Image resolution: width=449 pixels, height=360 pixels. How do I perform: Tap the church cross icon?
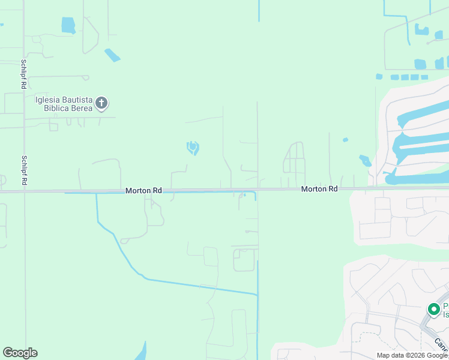(x=102, y=103)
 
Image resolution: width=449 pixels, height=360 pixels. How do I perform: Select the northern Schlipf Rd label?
(x=22, y=74)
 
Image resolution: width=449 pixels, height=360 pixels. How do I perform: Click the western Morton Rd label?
(x=143, y=190)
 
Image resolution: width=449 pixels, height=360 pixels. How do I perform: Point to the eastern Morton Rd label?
(x=319, y=188)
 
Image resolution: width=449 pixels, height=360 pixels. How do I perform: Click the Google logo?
(x=20, y=353)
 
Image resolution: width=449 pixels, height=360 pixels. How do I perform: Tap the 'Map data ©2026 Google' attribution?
(x=412, y=355)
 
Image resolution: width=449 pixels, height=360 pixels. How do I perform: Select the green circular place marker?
(x=433, y=309)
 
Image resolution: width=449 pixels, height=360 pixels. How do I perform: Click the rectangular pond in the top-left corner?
(x=68, y=25)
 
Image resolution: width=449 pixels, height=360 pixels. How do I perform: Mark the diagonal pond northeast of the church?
(x=112, y=55)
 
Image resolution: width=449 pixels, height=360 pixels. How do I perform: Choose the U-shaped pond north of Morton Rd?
(x=193, y=147)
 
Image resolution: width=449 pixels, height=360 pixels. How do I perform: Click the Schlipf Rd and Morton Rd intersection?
(x=25, y=191)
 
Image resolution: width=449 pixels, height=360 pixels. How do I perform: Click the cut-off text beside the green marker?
(x=445, y=310)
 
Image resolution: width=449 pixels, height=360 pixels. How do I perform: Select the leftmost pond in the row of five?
(x=379, y=77)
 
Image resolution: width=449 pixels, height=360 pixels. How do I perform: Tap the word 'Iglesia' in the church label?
(x=49, y=100)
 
